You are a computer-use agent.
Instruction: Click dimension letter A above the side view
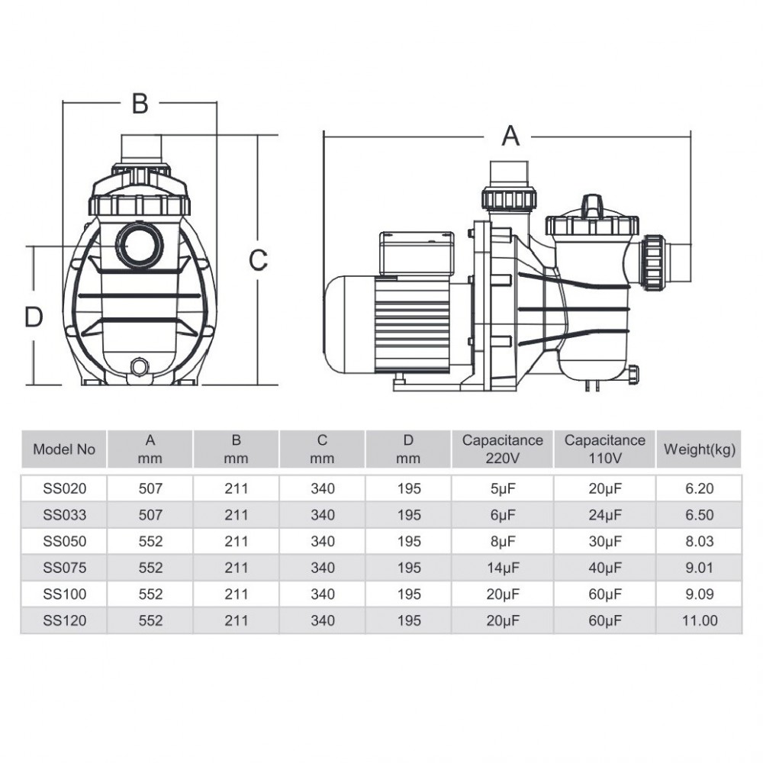tap(510, 136)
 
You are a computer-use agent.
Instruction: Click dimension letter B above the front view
tap(140, 103)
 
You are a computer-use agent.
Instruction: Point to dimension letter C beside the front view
tap(258, 260)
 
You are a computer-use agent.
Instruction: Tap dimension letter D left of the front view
tap(34, 317)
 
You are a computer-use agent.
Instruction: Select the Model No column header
tap(64, 449)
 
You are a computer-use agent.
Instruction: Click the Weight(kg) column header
tap(699, 449)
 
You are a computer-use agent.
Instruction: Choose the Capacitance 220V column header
tap(502, 449)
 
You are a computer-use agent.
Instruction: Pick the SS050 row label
tap(64, 541)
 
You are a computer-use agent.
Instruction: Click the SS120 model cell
tap(64, 620)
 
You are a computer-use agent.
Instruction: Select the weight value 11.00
tap(699, 620)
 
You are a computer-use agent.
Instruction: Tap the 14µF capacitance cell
tap(503, 568)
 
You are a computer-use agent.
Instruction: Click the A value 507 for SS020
tap(150, 488)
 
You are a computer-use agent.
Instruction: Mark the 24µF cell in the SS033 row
tap(605, 515)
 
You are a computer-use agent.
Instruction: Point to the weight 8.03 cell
tap(699, 541)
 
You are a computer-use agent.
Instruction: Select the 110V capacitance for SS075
tap(605, 568)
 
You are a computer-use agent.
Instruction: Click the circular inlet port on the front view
tap(140, 246)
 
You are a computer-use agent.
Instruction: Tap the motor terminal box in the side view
tap(417, 254)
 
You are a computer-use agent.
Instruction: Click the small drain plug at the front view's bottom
tap(140, 366)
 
